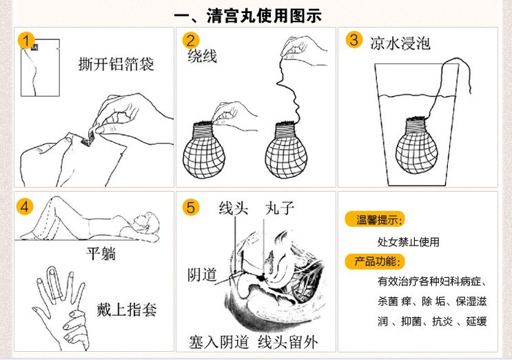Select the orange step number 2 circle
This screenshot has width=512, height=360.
[x=192, y=40]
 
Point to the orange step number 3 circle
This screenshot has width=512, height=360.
[x=354, y=39]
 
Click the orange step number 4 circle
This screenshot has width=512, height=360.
[x=25, y=206]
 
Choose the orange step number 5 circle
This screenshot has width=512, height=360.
[x=192, y=206]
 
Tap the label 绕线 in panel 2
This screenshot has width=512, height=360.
[x=202, y=57]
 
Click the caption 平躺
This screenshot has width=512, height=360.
[x=100, y=254]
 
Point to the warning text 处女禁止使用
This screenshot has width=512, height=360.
[x=408, y=242]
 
